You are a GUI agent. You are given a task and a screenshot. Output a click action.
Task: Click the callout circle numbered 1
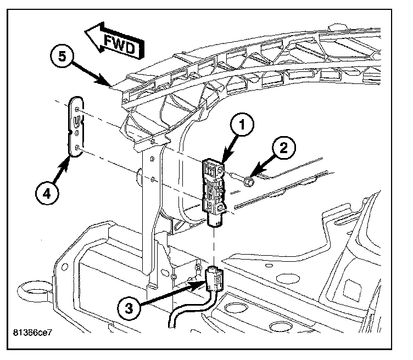coord(242,125)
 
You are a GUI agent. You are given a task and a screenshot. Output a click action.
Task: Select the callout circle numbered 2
coord(283,148)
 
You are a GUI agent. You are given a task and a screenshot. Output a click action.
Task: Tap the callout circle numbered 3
coord(129,308)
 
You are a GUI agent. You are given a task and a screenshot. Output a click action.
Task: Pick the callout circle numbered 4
coord(47,193)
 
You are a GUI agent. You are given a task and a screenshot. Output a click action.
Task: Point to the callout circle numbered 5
coord(62,56)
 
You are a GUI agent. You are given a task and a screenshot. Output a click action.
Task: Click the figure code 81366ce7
coord(32,333)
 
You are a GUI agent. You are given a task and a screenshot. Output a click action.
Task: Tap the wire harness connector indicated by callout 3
coord(214,278)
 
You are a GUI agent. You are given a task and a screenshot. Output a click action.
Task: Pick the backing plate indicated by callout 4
coord(76,127)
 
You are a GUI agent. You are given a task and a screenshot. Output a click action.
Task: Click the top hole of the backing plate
coord(77,109)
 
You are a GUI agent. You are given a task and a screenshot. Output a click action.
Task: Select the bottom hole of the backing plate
coord(77,148)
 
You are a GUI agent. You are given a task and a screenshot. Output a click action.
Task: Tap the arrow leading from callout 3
coord(172,291)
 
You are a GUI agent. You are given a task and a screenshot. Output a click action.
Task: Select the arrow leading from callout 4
coord(60,171)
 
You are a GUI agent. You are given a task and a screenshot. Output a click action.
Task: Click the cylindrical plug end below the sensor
coord(216,220)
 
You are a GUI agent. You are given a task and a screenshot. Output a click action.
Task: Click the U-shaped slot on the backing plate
coord(76,121)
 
